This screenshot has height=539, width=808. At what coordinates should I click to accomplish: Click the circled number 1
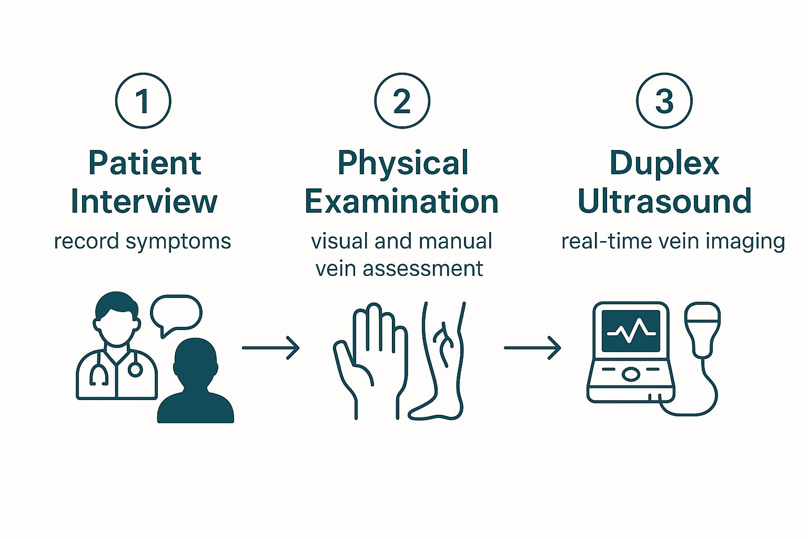click(143, 101)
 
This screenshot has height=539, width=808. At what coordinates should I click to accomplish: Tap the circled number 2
click(402, 101)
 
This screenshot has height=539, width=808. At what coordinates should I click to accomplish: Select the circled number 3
click(664, 101)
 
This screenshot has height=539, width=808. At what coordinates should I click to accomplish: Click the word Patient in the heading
click(145, 163)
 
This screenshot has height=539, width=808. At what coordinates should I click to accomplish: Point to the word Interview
click(144, 202)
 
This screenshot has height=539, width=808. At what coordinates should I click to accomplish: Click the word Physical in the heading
click(402, 163)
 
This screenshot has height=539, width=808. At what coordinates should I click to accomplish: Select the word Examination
click(401, 202)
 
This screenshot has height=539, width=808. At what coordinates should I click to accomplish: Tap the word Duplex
click(664, 163)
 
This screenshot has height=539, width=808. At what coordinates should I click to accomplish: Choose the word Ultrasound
click(664, 202)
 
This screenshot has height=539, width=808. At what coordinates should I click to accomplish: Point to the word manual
click(456, 241)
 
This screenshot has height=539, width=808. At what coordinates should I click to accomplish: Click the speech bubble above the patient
click(176, 314)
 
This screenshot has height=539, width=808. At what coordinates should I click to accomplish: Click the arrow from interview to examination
click(270, 348)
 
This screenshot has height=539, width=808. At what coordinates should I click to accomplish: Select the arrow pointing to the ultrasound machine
click(532, 348)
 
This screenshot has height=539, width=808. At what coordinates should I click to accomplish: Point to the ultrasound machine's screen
click(631, 331)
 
